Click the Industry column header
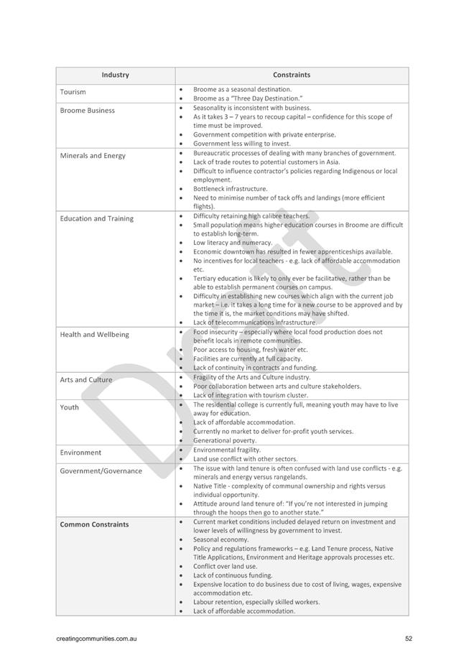(115, 75)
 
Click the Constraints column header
(292, 75)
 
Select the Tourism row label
(73, 92)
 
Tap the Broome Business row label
(87, 111)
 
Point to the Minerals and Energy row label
(93, 156)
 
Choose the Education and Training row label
(96, 218)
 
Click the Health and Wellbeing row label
(94, 335)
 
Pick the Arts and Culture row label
(86, 380)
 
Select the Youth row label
(70, 407)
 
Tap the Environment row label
(80, 453)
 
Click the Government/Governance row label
(101, 471)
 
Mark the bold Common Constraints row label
(94, 524)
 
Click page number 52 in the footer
(408, 638)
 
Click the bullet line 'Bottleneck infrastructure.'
(230, 189)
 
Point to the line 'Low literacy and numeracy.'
(233, 243)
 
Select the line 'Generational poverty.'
(224, 440)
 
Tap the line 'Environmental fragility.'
(227, 450)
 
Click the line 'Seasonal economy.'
(221, 539)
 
